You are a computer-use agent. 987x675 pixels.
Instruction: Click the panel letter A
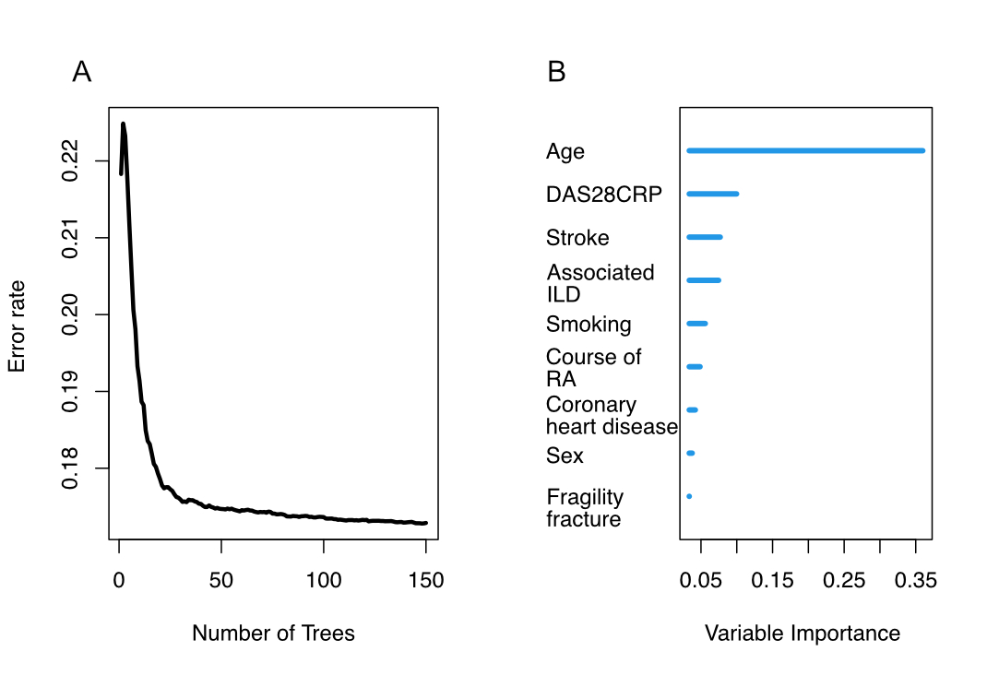[82, 72]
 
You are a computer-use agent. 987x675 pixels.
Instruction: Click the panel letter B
[556, 72]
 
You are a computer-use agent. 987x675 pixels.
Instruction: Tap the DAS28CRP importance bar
[712, 194]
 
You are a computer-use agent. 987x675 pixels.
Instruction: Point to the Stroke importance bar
[705, 237]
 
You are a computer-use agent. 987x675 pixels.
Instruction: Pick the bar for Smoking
[697, 324]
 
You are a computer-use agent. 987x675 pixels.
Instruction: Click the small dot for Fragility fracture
[689, 496]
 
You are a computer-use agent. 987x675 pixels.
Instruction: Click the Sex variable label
[565, 456]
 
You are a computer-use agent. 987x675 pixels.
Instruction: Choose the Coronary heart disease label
[611, 416]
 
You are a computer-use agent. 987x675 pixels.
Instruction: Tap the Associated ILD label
[600, 283]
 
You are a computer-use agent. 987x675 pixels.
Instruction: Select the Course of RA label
[593, 368]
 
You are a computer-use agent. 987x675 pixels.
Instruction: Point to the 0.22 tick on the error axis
[70, 161]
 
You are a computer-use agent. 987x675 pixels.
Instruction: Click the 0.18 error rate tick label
[70, 468]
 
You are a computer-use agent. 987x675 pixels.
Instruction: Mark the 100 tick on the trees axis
[324, 580]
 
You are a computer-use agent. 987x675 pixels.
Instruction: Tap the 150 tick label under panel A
[425, 580]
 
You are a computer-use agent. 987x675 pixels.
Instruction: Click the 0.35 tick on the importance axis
[916, 580]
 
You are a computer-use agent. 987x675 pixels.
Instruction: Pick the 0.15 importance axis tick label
[772, 580]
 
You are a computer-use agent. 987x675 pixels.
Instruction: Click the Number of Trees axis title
[273, 634]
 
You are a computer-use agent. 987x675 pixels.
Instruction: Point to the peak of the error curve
[123, 124]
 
